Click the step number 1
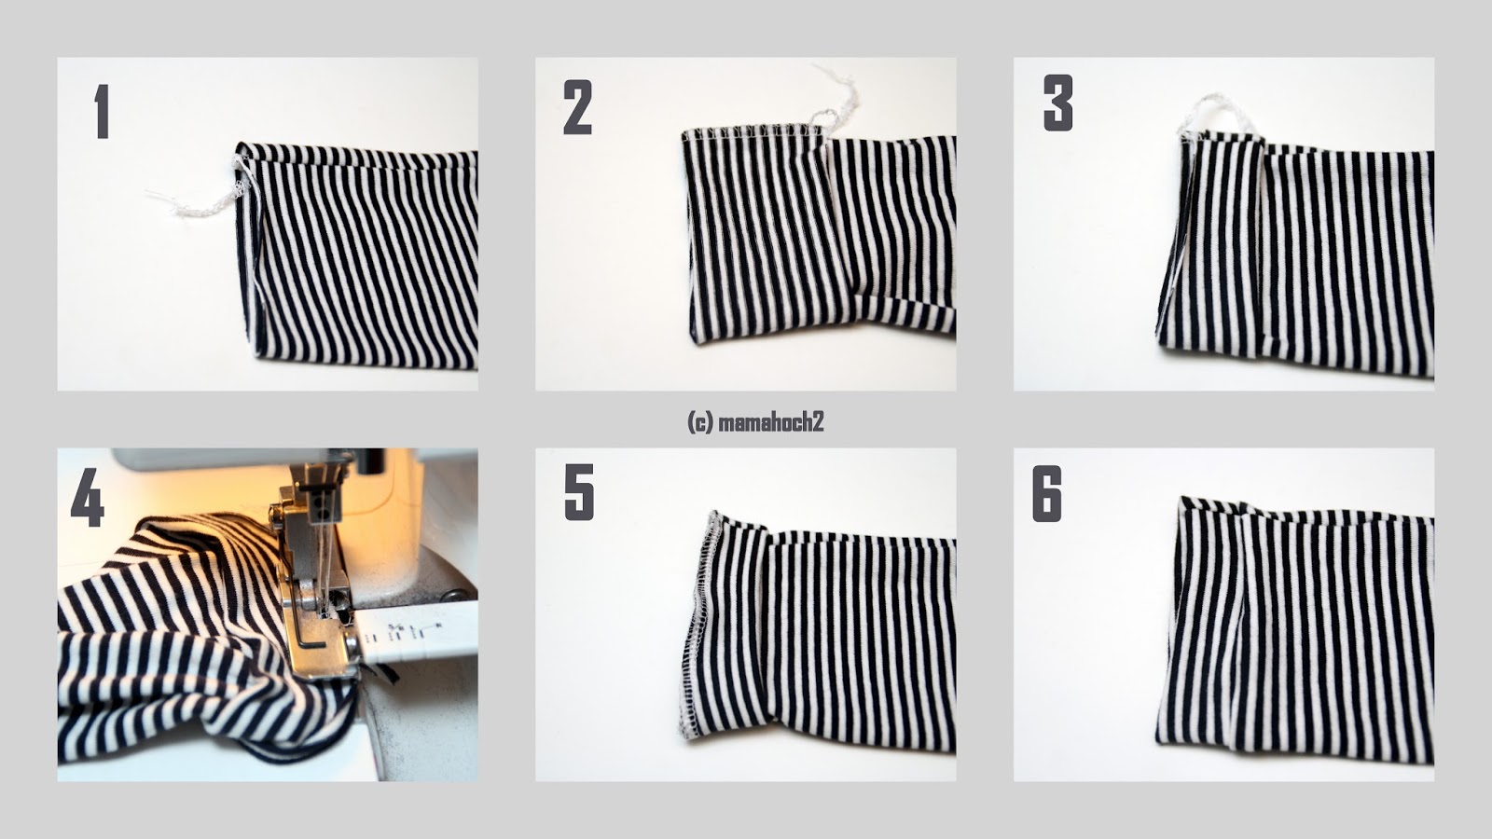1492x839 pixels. (x=102, y=111)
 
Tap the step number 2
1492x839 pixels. (x=577, y=107)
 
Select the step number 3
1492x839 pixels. (x=1057, y=103)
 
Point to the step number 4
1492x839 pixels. (x=88, y=500)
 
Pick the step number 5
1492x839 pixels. (x=579, y=493)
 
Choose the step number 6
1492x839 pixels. (x=1047, y=494)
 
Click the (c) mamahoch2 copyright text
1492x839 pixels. (x=755, y=421)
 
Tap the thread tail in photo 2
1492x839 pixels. (x=836, y=100)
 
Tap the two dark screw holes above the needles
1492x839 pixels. (x=324, y=508)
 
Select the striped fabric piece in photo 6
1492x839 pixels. (x=1295, y=630)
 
